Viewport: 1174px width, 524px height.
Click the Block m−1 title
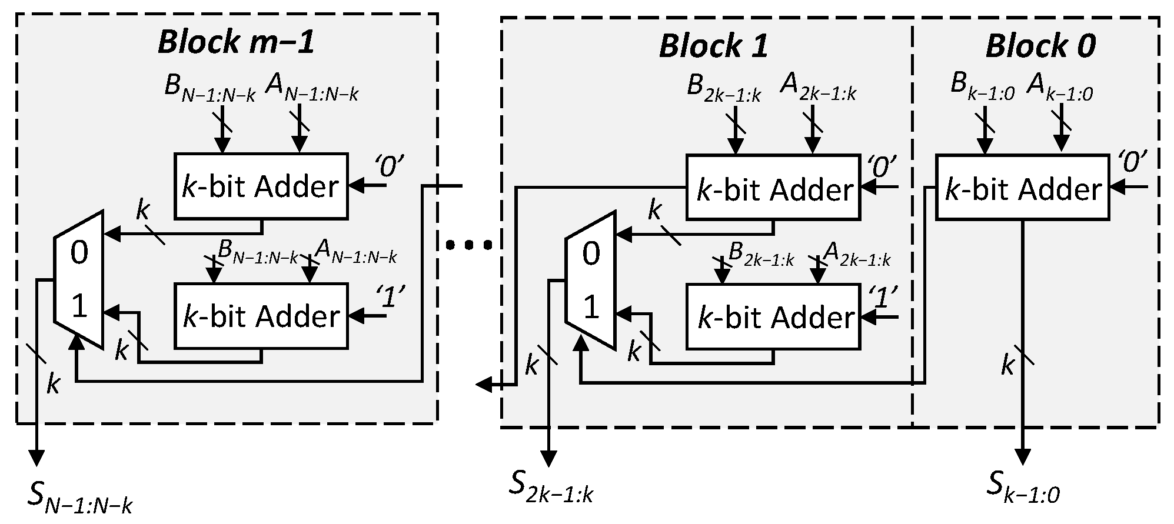point(236,43)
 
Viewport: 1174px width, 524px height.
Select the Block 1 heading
point(713,46)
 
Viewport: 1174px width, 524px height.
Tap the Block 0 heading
point(1040,46)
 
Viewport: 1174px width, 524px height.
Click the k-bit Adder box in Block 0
point(1022,188)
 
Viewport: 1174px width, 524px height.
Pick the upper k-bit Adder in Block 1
point(773,188)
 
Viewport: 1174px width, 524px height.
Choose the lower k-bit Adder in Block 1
point(773,318)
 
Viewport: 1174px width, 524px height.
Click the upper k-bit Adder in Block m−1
point(261,186)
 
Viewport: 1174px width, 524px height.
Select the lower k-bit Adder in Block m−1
point(261,316)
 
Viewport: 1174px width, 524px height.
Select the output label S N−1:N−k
point(80,498)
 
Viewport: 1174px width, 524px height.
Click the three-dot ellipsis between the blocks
point(469,245)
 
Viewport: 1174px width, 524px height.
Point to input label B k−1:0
point(983,87)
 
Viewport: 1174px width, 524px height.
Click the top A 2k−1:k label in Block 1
point(818,87)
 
